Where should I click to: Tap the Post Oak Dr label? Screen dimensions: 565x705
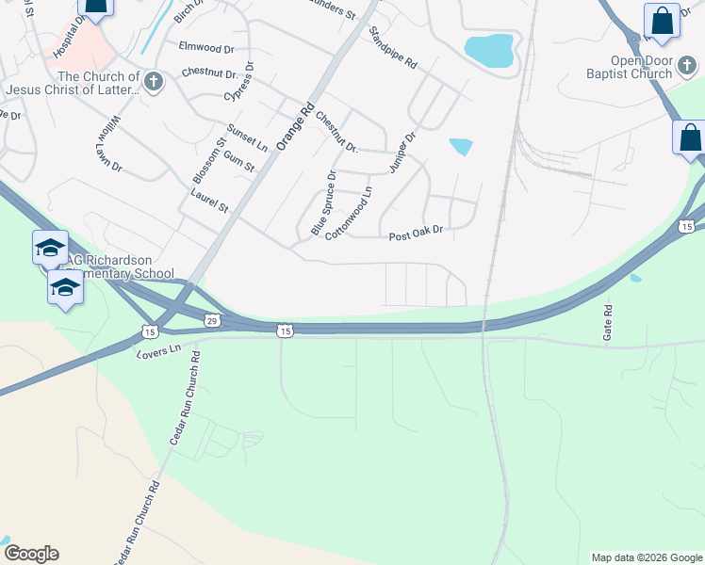416,231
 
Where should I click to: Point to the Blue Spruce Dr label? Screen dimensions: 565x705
323,202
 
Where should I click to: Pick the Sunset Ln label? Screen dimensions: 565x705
248,137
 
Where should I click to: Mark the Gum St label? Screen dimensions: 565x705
239,159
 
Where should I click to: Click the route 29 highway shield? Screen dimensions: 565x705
212,321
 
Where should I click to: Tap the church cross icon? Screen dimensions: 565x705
153,82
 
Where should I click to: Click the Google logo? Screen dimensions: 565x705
31,554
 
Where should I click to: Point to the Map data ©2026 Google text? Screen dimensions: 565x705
646,557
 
